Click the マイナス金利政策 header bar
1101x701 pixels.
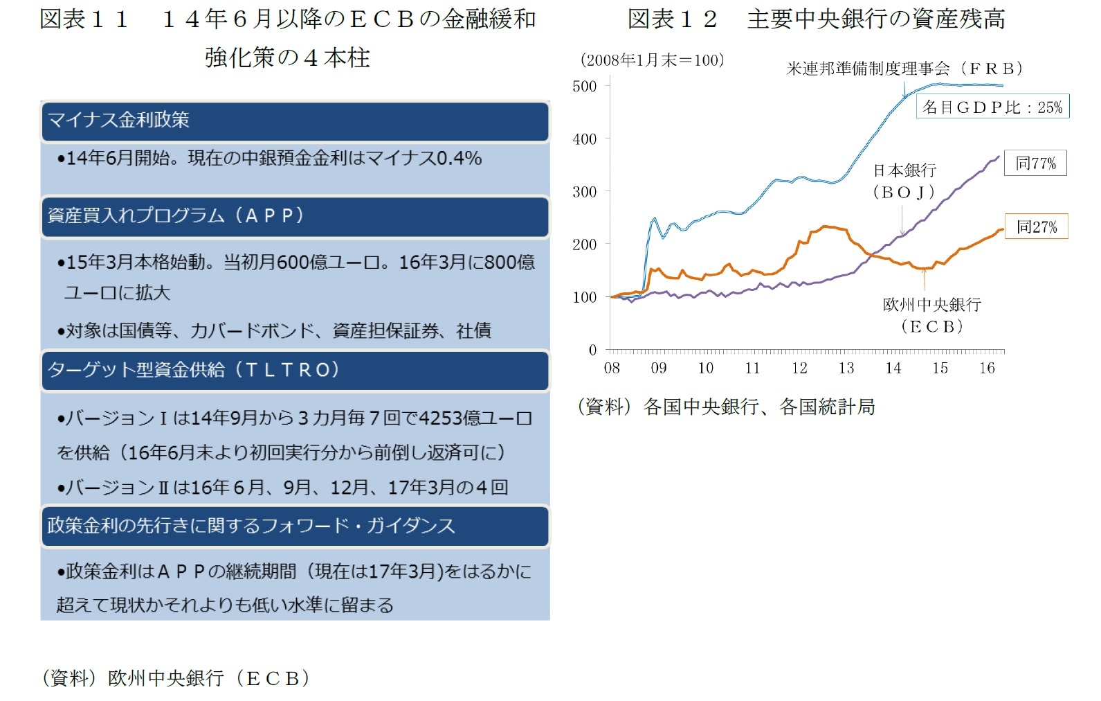pos(295,121)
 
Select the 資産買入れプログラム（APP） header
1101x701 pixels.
pos(295,216)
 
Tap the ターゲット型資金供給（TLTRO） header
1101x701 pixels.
pos(295,371)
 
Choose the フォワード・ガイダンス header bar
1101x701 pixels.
pos(295,526)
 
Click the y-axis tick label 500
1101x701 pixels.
pos(585,87)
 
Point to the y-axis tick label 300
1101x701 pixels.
pos(585,192)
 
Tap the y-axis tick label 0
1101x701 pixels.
pos(592,350)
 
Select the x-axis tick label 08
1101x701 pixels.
pos(612,369)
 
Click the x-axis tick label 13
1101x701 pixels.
pos(846,369)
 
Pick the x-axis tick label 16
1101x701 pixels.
pos(987,369)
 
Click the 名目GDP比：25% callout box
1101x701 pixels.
pos(992,107)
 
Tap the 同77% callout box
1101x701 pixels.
pos(1035,163)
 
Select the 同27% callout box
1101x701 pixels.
pos(1036,227)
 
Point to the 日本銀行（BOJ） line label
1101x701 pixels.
pos(904,181)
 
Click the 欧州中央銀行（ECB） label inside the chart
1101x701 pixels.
pos(932,315)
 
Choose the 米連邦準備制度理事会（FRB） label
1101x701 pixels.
pos(904,69)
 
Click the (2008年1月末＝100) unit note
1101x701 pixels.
pos(653,60)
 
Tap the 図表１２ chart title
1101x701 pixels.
pos(817,19)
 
